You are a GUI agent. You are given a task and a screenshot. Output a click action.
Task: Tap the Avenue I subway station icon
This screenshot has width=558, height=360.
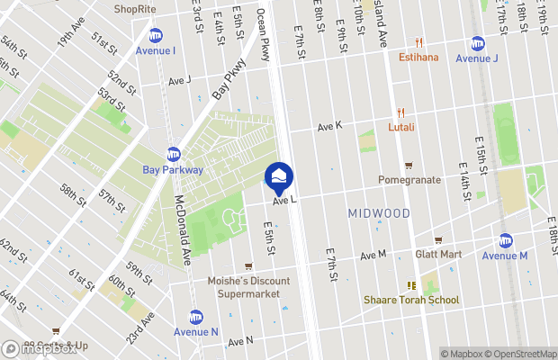156,35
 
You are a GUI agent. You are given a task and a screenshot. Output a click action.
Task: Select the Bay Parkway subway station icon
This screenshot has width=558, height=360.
173,154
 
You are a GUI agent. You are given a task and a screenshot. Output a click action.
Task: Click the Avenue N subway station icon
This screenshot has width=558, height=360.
195,317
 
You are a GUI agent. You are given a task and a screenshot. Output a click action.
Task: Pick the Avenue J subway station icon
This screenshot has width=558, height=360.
477,43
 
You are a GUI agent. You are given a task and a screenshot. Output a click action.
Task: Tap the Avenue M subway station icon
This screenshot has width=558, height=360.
506,240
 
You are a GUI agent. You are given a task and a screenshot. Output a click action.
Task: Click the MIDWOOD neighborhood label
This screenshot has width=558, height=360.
378,213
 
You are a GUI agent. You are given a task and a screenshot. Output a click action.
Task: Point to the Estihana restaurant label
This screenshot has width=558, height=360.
418,58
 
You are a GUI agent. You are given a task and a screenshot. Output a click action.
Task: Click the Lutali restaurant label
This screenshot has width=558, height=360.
401,127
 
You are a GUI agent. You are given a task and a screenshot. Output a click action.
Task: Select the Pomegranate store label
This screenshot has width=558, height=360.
409,179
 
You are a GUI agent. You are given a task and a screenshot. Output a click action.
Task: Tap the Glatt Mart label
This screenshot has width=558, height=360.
438,254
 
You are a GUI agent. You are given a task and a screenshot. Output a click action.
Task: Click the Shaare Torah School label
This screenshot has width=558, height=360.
411,300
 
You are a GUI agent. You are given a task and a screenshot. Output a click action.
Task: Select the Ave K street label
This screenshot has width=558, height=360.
329,128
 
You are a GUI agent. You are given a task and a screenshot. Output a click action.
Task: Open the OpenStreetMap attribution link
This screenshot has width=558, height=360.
518,354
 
